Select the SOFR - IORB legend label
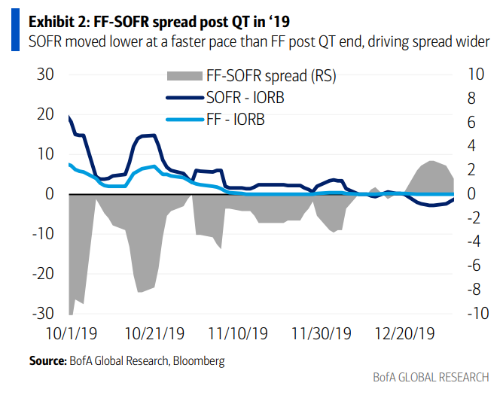(245, 97)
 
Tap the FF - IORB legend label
(235, 119)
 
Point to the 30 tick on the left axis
(45, 74)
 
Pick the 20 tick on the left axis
(45, 114)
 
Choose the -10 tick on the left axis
(42, 233)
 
